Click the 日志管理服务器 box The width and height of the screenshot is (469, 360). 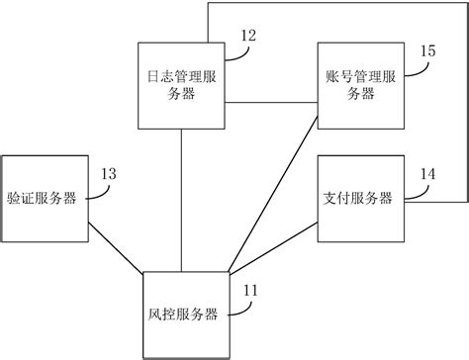[x=182, y=85]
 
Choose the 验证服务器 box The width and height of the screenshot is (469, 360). [x=44, y=197]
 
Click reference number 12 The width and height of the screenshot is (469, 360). [x=246, y=36]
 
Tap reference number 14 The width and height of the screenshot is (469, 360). [x=427, y=174]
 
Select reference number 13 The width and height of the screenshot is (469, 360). [x=109, y=174]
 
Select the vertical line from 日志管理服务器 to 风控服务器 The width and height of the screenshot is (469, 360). [x=183, y=198]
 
